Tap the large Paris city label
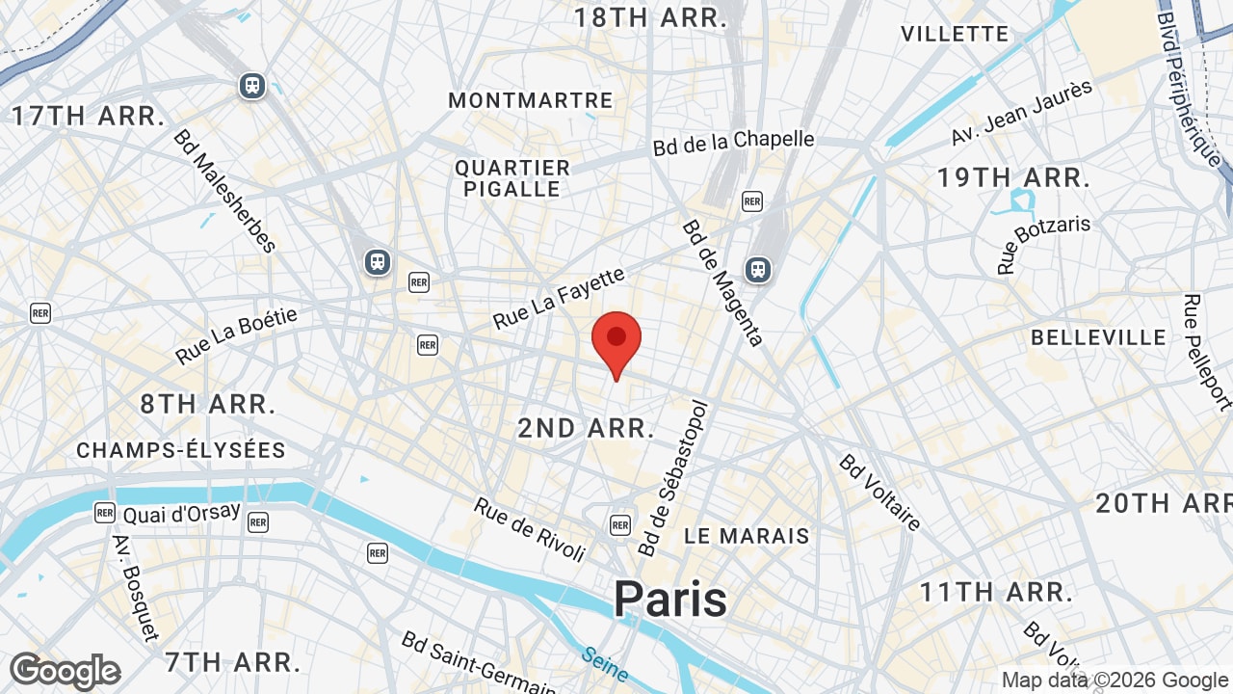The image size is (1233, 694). (x=671, y=599)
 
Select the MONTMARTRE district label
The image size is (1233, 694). (x=531, y=100)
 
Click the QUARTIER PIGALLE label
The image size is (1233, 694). (x=512, y=178)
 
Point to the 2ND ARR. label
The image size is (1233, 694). (x=587, y=428)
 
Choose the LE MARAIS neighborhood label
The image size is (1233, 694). (x=747, y=535)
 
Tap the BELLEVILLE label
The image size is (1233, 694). (x=1098, y=337)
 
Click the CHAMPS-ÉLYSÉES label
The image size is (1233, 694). (x=181, y=450)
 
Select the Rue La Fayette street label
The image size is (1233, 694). (x=559, y=299)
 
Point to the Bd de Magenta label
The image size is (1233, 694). (x=723, y=282)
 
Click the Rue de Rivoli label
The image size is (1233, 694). (x=530, y=529)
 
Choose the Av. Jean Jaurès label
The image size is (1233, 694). (x=1022, y=113)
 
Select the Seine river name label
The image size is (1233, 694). (x=604, y=664)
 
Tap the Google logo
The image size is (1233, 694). (x=65, y=671)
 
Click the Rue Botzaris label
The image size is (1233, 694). (x=1044, y=244)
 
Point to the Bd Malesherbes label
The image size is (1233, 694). (x=224, y=190)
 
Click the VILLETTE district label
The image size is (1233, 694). (x=955, y=34)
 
